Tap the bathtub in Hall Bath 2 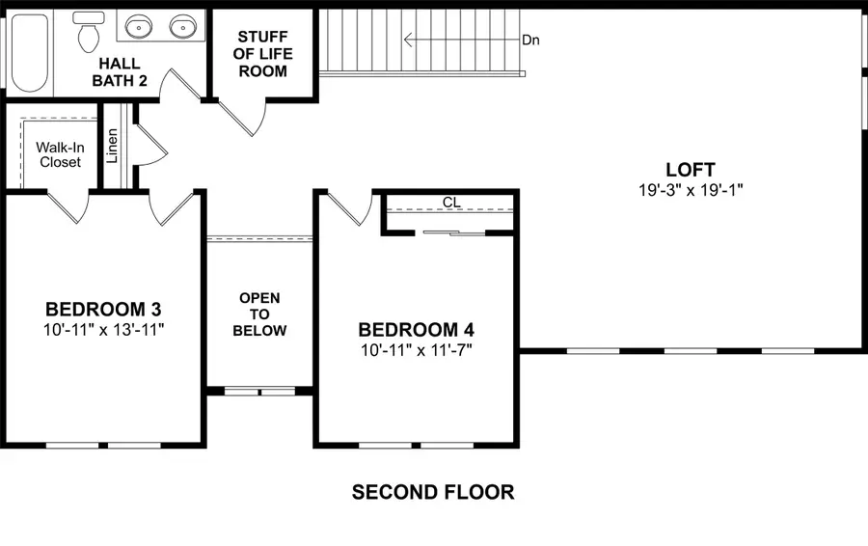coord(30,53)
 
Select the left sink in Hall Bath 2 coord(138,26)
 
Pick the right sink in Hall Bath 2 coord(183,26)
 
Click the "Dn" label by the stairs coord(530,40)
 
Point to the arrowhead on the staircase coord(409,40)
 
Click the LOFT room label coord(691,170)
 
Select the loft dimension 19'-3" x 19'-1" coord(691,190)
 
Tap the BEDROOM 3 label coord(103,309)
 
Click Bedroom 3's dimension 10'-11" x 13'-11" coord(103,330)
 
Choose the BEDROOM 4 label coord(417,330)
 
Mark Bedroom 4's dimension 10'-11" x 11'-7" coord(417,350)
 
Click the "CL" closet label coord(451,203)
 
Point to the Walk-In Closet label coord(61,154)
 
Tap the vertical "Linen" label coord(112,146)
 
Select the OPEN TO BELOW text coord(259,314)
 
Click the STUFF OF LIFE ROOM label coord(263,54)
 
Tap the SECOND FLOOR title coord(433,492)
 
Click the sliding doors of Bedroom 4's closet coord(454,233)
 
